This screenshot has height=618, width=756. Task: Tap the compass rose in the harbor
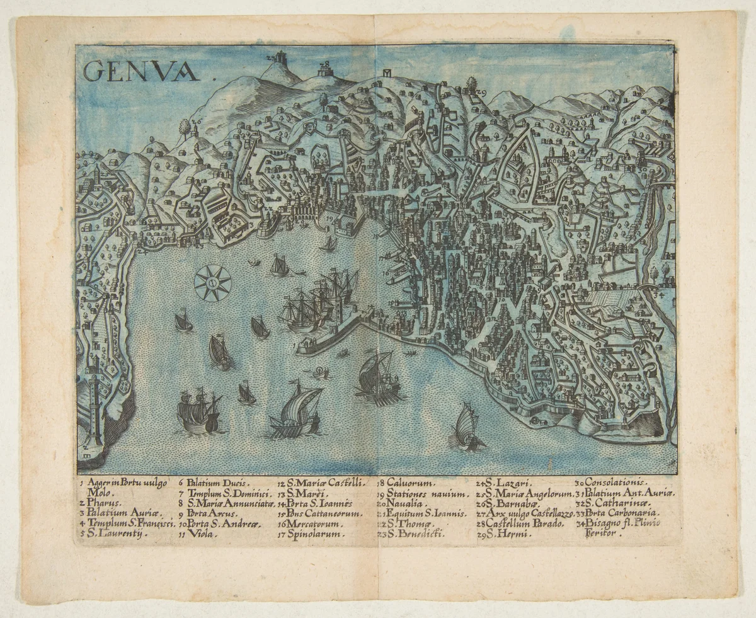pos(212,283)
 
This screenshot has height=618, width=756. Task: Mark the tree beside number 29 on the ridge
pos(471,84)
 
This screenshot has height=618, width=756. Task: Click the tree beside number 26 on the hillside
pos(185,126)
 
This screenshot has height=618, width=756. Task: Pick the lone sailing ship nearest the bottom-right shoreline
pos(467,426)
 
